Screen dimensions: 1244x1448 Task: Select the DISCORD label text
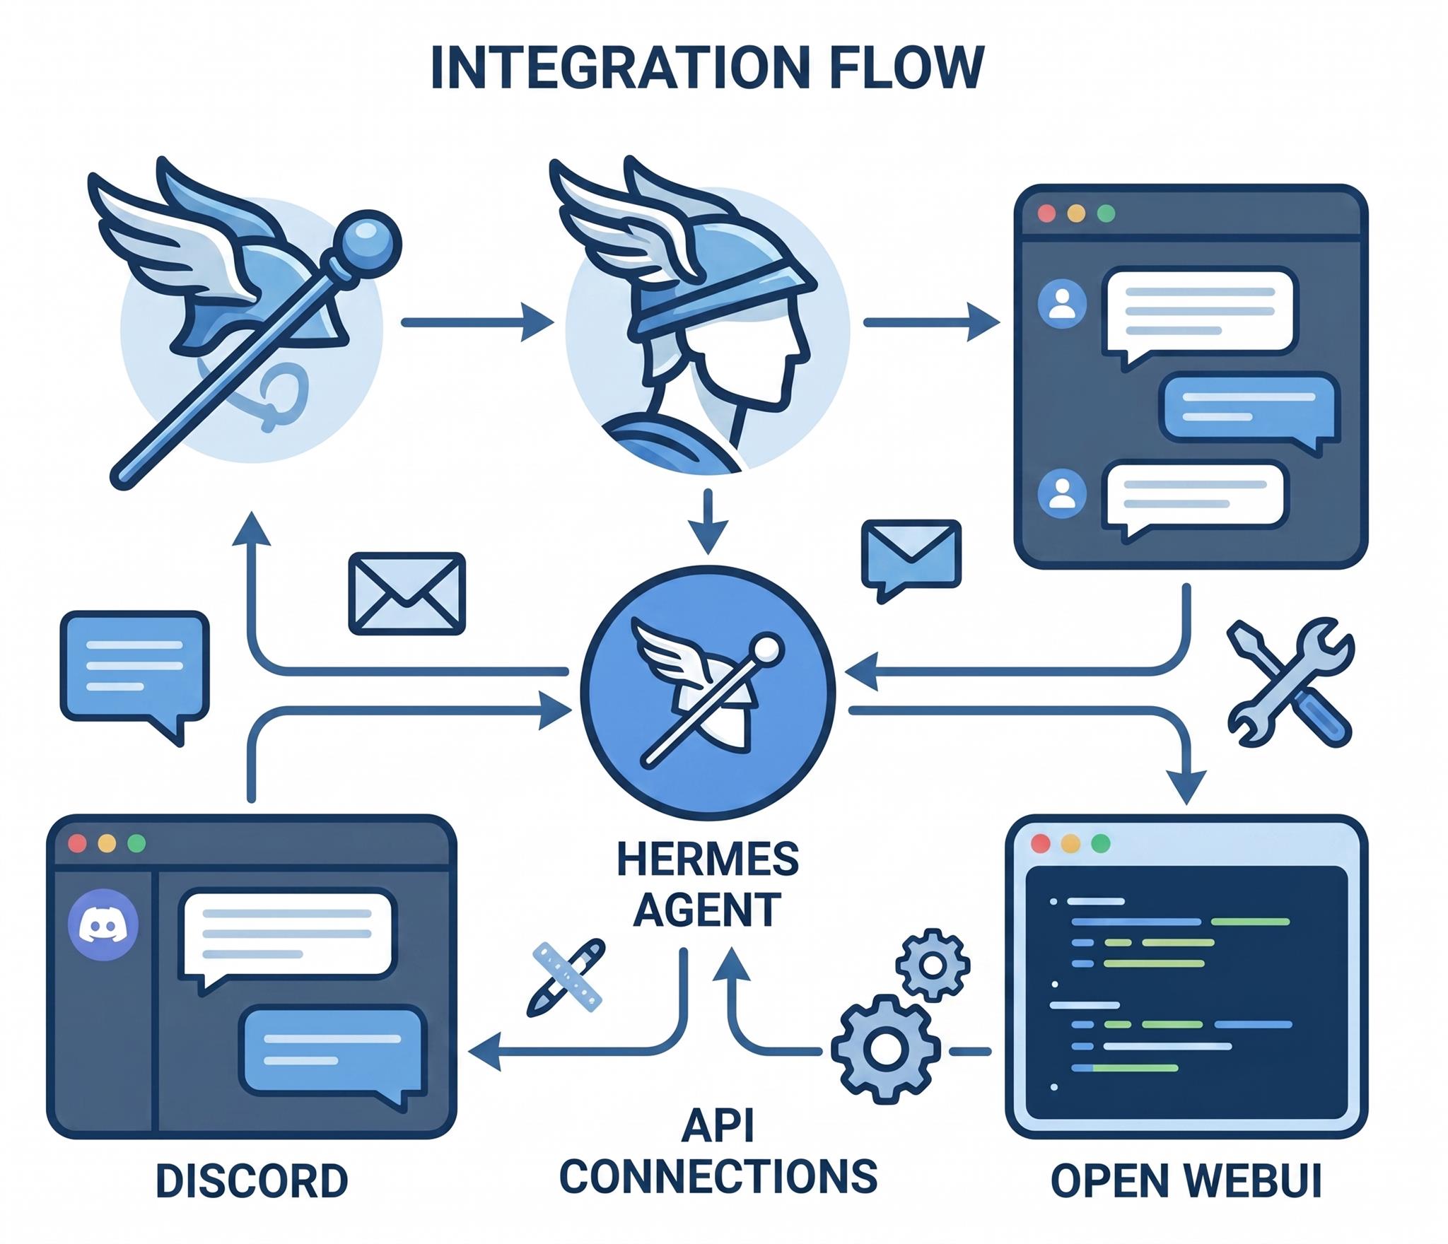click(252, 1181)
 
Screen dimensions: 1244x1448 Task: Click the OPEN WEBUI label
click(1186, 1181)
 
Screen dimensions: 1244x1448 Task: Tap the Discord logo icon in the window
click(103, 925)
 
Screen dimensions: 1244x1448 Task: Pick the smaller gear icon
click(933, 964)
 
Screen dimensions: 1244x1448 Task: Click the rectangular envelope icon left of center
click(407, 592)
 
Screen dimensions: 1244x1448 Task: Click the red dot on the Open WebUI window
click(1041, 843)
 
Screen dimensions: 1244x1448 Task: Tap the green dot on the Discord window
click(136, 843)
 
